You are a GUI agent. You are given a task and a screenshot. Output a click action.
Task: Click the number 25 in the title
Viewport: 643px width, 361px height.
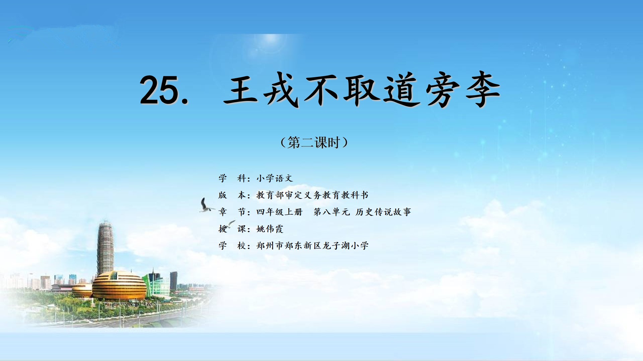160,90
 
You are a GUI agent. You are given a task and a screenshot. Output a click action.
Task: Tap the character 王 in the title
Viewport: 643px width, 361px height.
240,90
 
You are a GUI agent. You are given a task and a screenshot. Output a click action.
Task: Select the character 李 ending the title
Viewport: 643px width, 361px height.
483,90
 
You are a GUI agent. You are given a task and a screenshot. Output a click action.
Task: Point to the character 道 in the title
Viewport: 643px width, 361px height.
402,90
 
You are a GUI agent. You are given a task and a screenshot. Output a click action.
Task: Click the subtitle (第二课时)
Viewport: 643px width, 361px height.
314,143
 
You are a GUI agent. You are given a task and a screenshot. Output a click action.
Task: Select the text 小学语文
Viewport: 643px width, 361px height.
275,178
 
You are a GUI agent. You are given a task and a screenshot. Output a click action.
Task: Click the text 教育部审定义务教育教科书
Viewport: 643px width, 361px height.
312,195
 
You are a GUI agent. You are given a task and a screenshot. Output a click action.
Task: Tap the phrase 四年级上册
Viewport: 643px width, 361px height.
279,212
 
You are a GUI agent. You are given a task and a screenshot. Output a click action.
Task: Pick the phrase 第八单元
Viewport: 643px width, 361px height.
332,212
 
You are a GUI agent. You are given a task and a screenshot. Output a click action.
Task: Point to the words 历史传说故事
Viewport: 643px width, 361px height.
383,212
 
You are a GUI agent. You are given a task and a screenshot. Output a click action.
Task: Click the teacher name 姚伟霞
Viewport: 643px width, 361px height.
270,229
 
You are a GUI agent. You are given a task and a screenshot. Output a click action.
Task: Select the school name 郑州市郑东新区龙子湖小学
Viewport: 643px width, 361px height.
312,246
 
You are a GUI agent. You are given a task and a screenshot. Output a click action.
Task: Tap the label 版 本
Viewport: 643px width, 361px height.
232,195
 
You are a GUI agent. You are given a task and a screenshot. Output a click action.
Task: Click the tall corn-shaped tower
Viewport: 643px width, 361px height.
105,249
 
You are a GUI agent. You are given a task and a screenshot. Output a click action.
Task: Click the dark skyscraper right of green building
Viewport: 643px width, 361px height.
173,281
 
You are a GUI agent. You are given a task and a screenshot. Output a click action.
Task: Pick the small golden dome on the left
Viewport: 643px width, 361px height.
82,290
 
